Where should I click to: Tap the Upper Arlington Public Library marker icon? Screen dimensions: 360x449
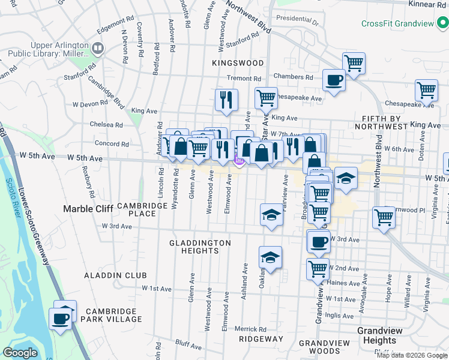(97, 47)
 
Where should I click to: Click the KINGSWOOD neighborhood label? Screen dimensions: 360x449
(238, 62)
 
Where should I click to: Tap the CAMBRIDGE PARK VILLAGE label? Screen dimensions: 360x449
(114, 315)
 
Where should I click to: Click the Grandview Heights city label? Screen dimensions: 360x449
(376, 335)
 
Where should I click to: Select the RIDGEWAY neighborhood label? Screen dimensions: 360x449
(261, 339)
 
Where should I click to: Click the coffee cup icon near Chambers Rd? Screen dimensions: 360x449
(334, 79)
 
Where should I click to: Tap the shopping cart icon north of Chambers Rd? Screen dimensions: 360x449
(354, 62)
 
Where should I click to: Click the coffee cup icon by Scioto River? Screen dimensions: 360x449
(60, 318)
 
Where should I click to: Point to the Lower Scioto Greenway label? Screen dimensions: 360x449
(35, 222)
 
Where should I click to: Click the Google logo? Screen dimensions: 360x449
(20, 353)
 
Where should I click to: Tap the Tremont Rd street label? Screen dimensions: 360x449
(244, 79)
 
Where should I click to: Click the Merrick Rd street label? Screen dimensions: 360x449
(250, 329)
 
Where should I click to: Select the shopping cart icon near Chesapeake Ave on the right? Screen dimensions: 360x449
(426, 90)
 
